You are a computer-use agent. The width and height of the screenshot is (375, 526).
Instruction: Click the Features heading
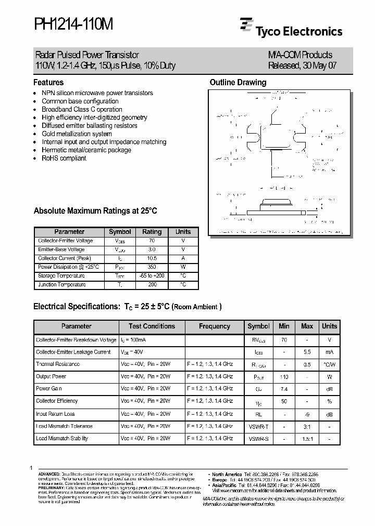point(48,82)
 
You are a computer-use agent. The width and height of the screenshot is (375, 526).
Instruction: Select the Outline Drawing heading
point(238,82)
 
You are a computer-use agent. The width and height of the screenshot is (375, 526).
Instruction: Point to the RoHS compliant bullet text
point(64,158)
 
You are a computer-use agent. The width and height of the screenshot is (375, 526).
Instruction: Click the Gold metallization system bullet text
point(77,134)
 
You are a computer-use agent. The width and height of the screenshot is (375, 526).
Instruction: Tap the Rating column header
point(152,232)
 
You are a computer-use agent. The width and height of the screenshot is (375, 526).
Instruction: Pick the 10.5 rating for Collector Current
point(152,258)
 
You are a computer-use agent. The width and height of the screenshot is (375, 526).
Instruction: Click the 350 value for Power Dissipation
point(152,267)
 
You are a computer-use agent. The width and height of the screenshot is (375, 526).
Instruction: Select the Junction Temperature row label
point(62,285)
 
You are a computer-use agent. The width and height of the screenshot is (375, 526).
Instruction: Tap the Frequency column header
point(215,326)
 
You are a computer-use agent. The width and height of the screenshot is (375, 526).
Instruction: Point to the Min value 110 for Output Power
point(284,376)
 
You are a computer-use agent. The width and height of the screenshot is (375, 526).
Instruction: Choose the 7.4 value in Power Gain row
point(284,389)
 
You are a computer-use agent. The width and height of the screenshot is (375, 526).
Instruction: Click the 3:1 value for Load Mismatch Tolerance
point(307,426)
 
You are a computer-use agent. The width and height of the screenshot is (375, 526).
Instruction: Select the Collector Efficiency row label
point(57,401)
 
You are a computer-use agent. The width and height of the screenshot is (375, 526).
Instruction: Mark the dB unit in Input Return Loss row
point(329,414)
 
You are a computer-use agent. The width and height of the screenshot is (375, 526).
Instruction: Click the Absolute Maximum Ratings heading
point(95,211)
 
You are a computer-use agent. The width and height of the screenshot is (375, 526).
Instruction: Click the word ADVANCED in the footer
point(49,475)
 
